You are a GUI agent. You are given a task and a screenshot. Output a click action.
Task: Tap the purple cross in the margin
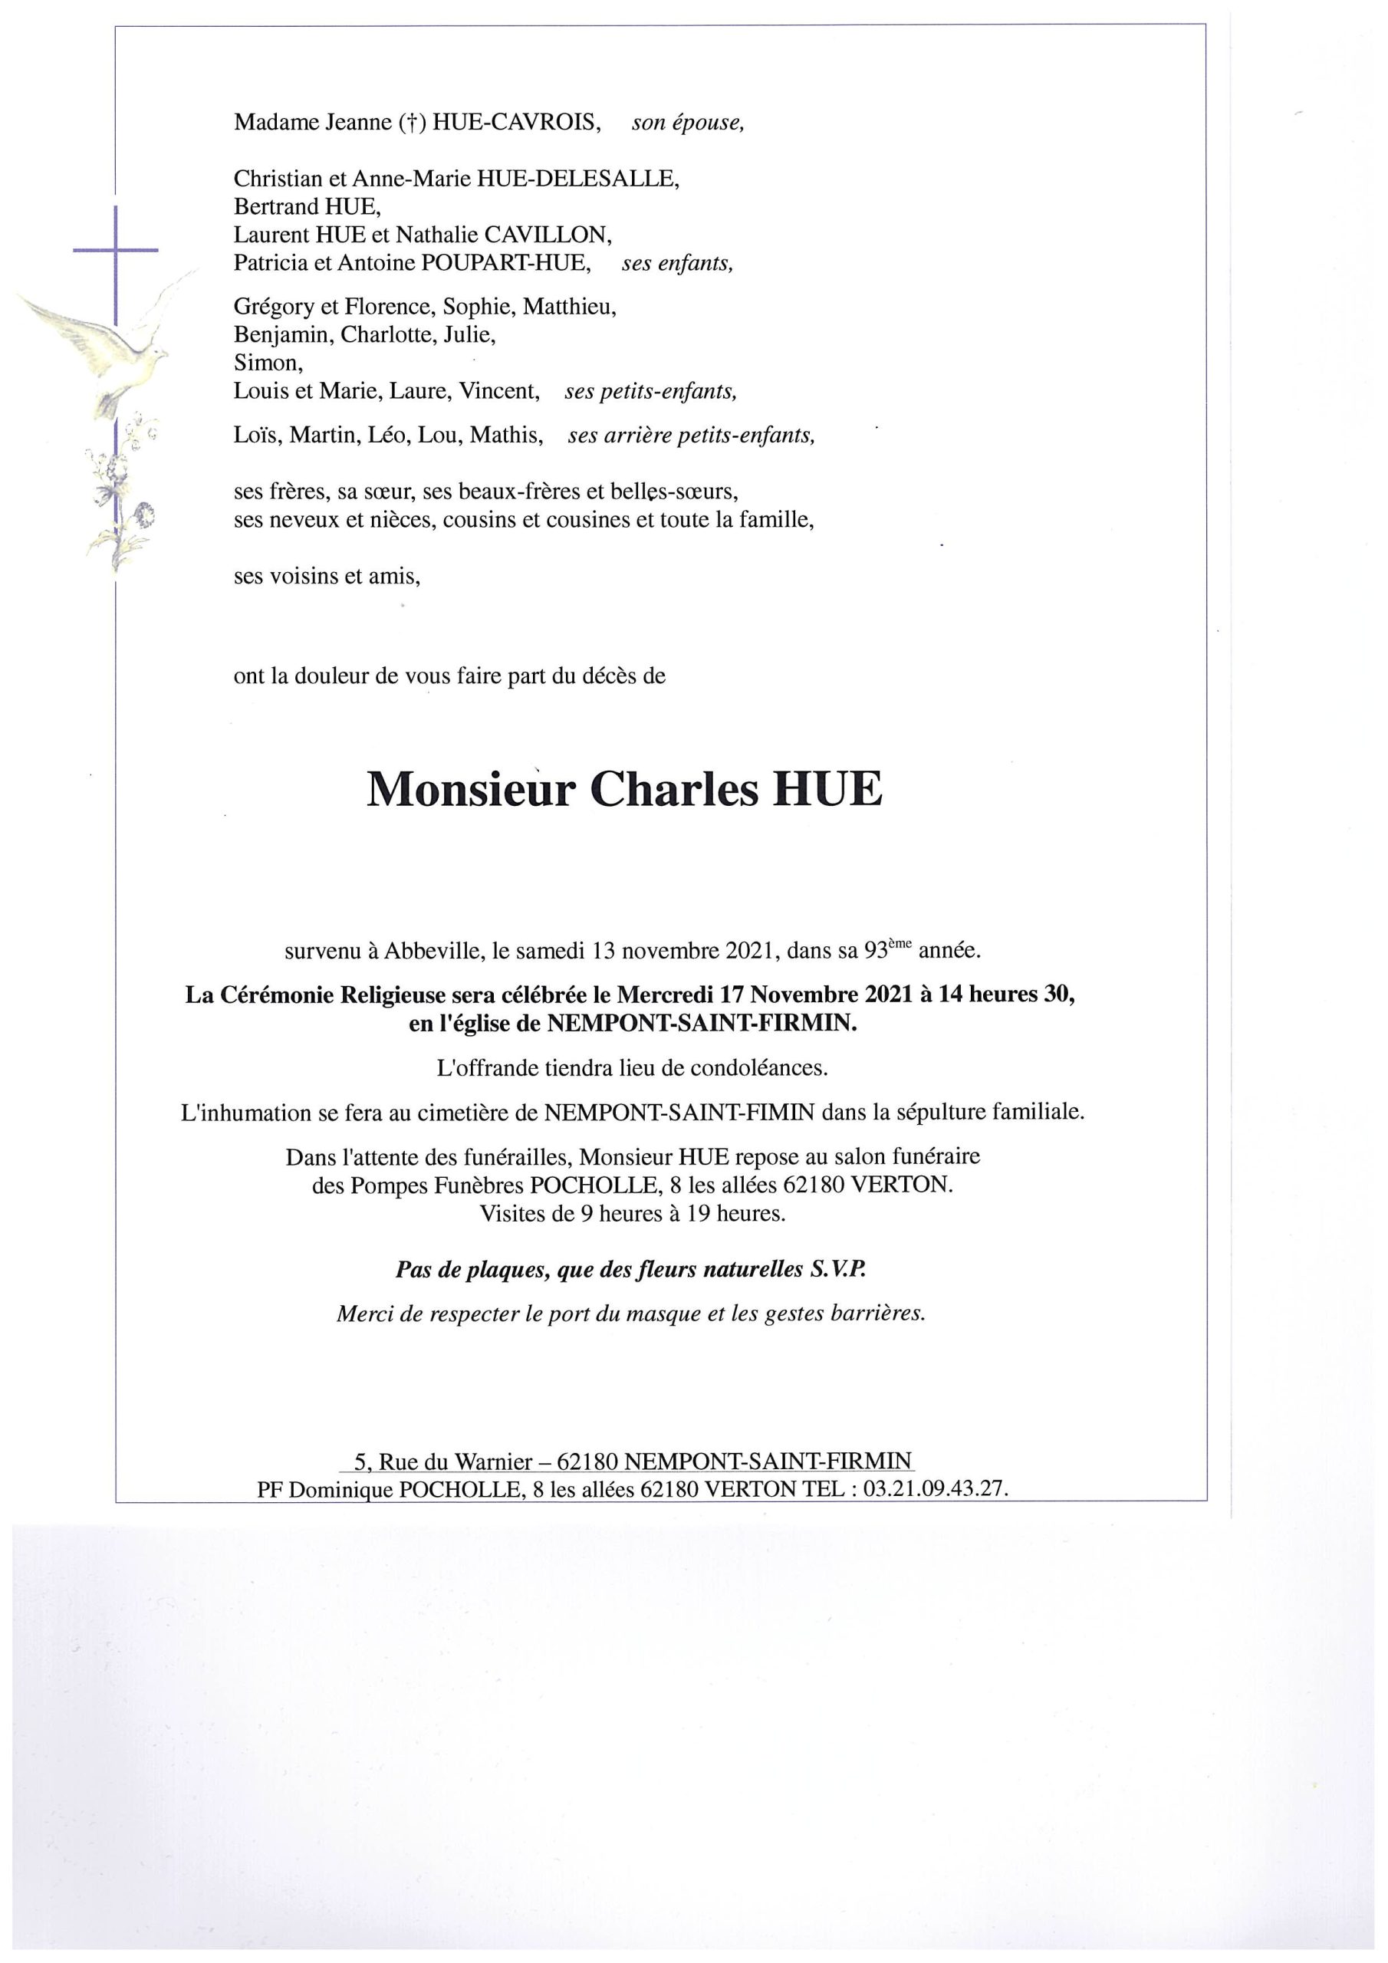pyautogui.click(x=116, y=250)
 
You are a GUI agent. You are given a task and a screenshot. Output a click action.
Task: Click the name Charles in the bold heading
pyautogui.click(x=674, y=791)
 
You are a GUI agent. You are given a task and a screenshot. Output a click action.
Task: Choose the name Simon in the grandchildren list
pyautogui.click(x=268, y=363)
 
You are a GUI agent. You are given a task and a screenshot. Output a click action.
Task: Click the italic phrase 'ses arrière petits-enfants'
pyautogui.click(x=691, y=436)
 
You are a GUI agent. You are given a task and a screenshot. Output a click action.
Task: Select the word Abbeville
pyautogui.click(x=426, y=950)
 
